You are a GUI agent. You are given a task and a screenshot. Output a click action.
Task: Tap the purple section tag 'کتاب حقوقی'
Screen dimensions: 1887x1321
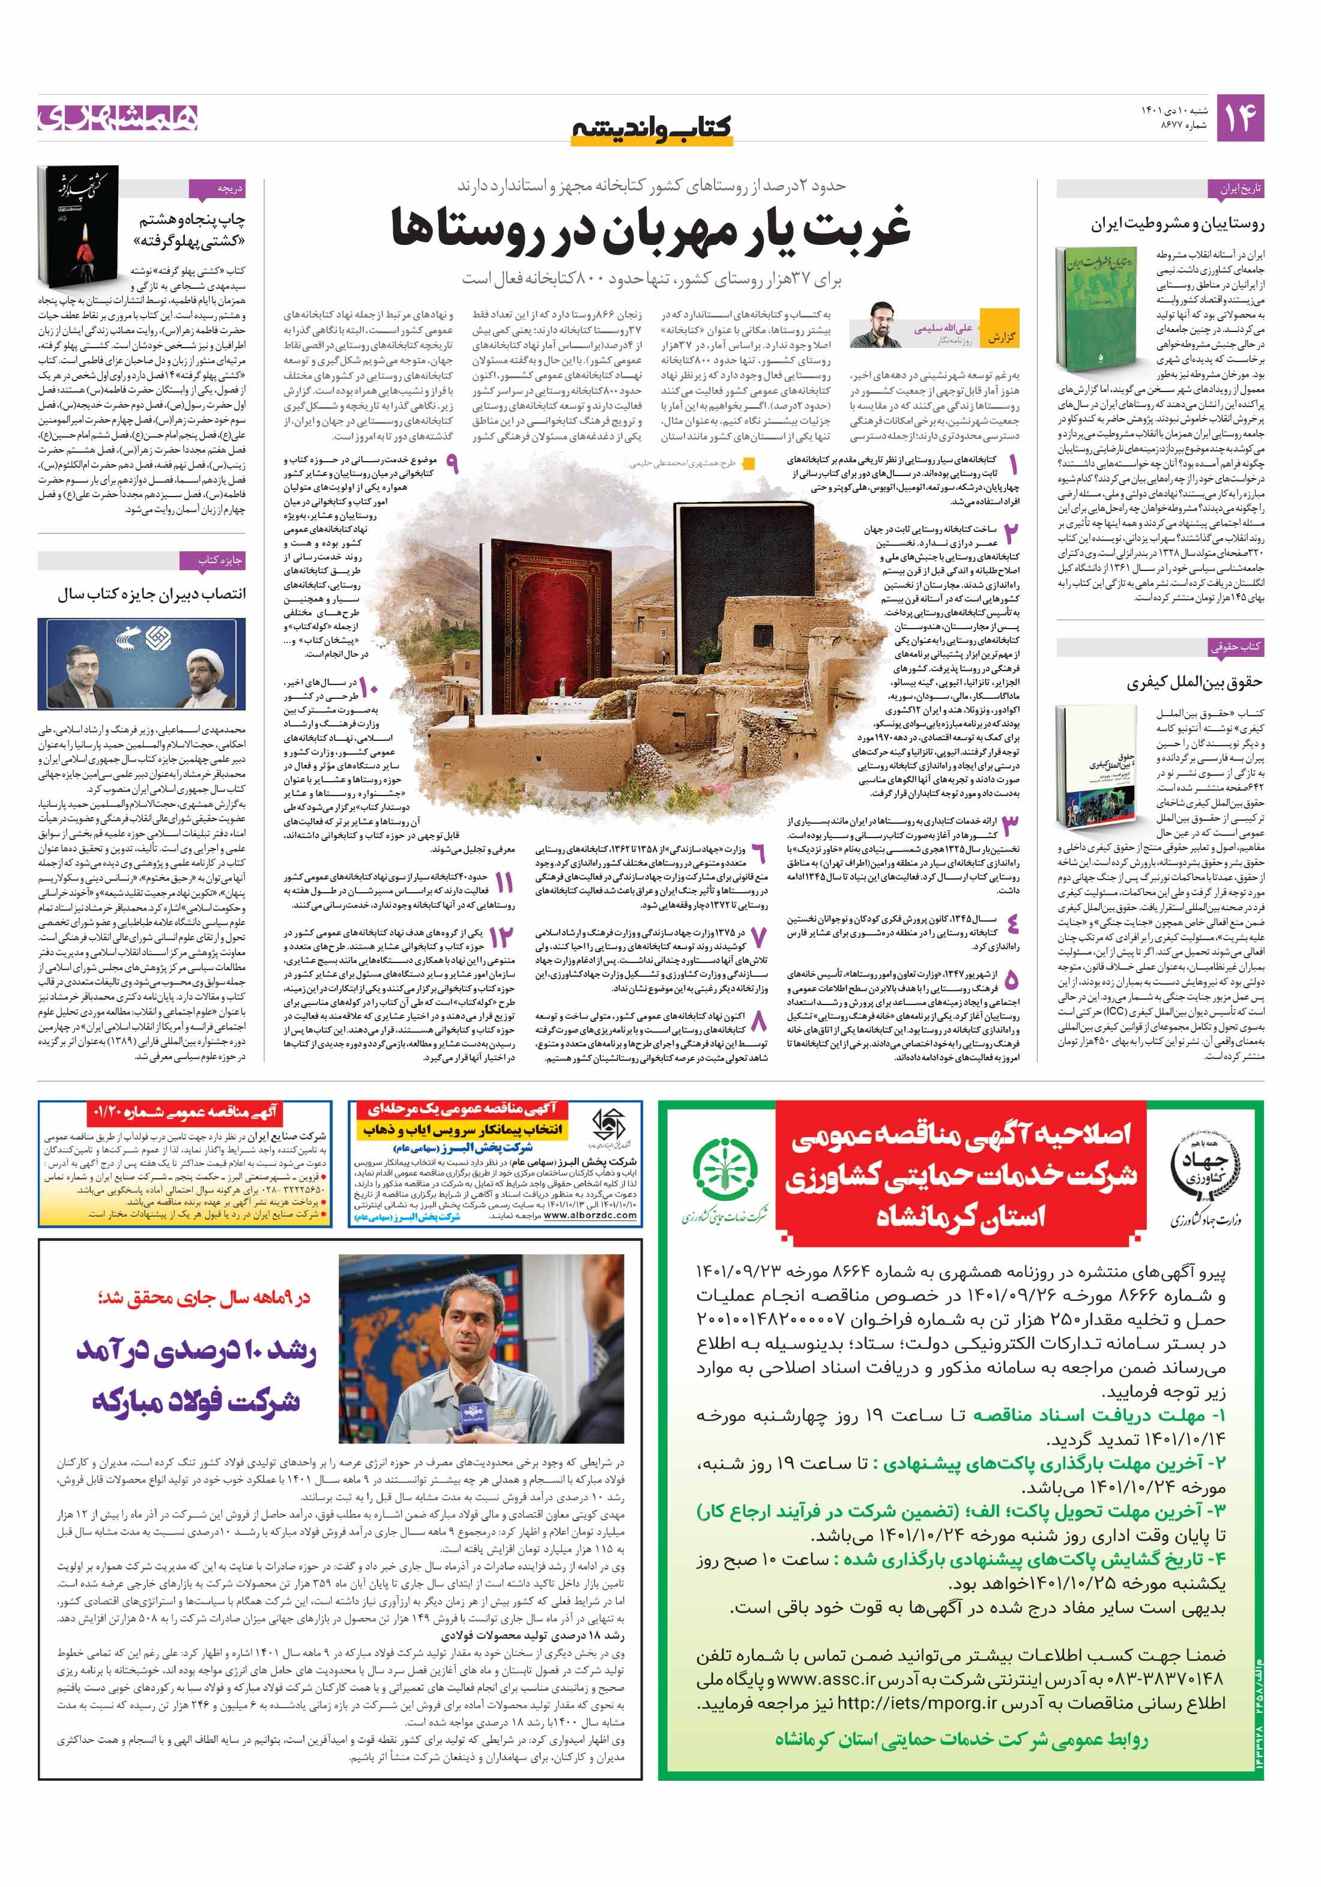(1235, 647)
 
